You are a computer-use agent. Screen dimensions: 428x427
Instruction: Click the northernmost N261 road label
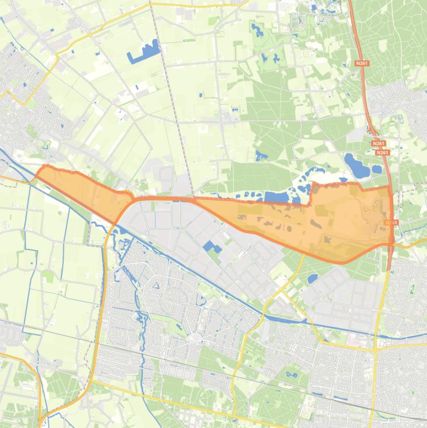(361, 63)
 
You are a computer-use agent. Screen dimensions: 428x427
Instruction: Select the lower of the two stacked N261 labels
(382, 152)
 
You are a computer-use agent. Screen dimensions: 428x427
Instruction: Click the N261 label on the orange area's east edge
(391, 222)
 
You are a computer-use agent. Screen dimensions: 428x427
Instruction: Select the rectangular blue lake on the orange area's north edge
(277, 197)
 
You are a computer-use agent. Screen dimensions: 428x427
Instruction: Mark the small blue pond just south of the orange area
(313, 277)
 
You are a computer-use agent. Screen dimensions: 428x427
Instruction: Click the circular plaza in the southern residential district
(193, 337)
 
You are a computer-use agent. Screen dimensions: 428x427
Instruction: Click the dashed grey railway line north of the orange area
(172, 100)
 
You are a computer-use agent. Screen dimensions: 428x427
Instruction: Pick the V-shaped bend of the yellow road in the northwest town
(22, 102)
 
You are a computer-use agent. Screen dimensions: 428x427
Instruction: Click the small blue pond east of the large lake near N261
(377, 169)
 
